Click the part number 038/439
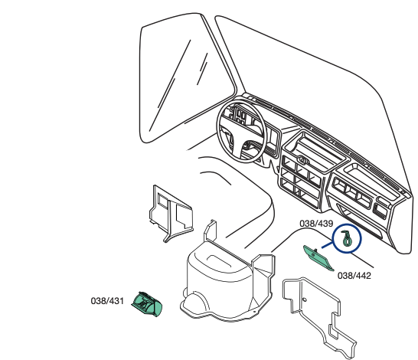coord(316,224)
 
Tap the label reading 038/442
coord(354,276)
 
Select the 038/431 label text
coord(107,301)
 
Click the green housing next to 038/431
coord(147,304)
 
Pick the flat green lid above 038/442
coord(318,258)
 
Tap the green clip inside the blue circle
coord(347,238)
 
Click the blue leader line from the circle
coord(328,244)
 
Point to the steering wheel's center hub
coord(246,146)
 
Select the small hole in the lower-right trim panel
coord(305,299)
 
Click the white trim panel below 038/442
coord(318,315)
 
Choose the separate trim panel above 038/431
coord(171,214)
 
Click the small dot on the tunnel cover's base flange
coord(255,312)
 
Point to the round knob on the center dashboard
coord(303,160)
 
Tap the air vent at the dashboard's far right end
coord(380,209)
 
